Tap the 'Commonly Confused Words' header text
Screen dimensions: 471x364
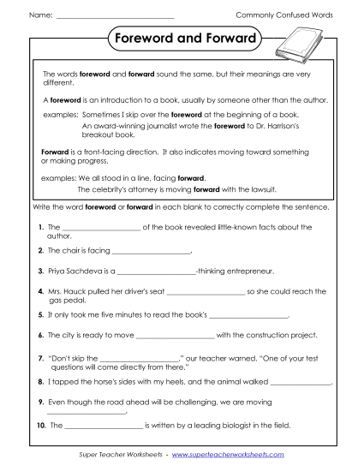(284, 16)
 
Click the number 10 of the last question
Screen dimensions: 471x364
(40, 425)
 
